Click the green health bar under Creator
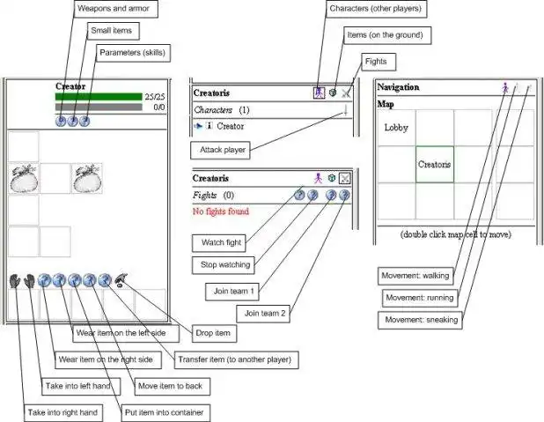pos(98,97)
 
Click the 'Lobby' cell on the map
pos(396,128)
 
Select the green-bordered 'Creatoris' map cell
pos(435,164)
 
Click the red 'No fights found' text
pos(220,211)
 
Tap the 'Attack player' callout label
pos(223,151)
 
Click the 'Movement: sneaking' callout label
pos(420,320)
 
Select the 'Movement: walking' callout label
pos(415,276)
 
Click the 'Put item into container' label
pos(166,411)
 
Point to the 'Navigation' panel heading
pos(398,87)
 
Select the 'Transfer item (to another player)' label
pos(232,359)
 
